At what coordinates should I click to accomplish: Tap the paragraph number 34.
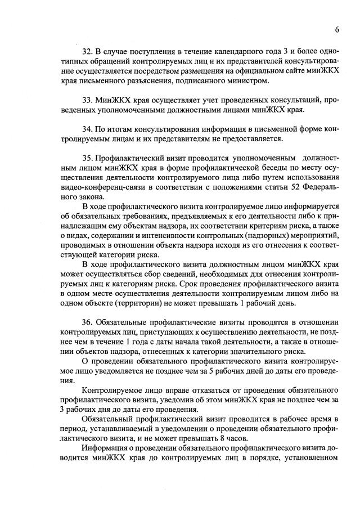tap(87, 129)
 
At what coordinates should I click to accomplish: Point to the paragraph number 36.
tap(87, 322)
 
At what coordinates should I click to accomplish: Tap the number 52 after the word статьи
tap(283, 187)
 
